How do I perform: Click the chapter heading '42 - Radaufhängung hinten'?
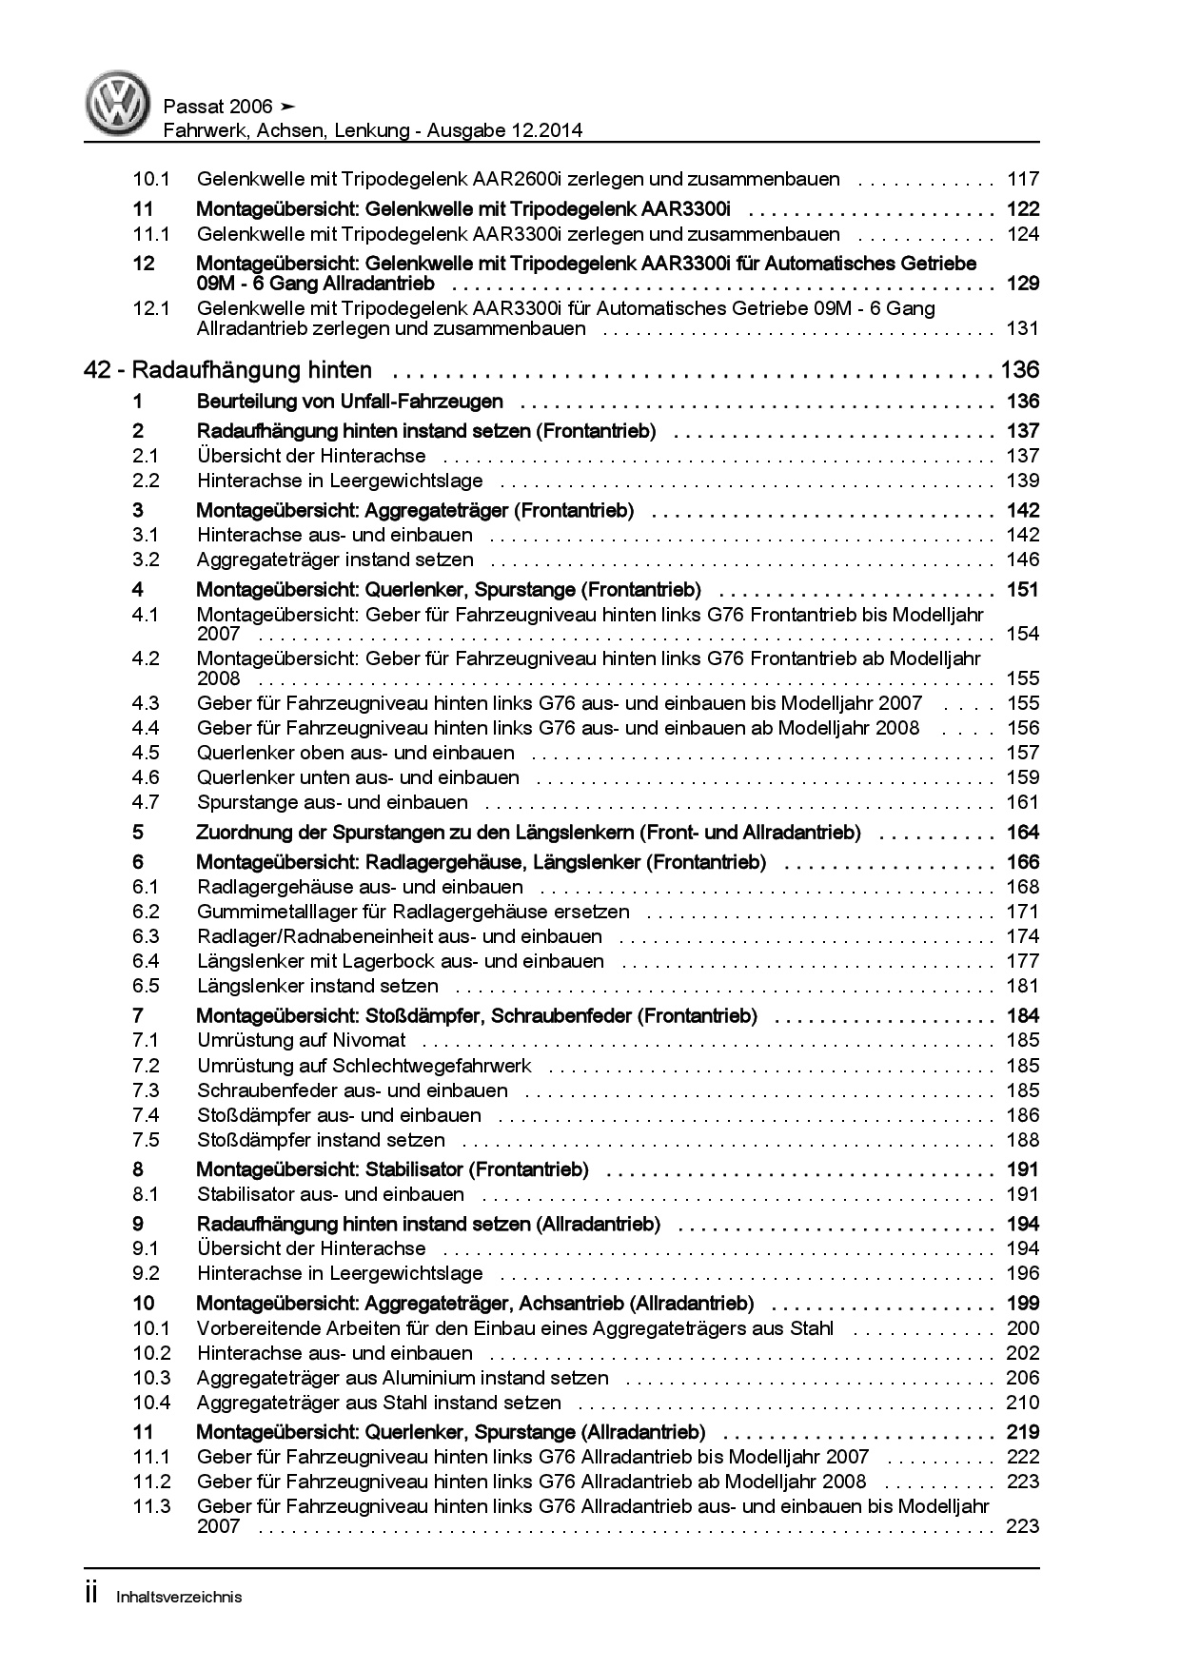click(x=227, y=370)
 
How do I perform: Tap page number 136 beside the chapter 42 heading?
click(x=1019, y=370)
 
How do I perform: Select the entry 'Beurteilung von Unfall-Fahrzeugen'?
click(x=349, y=402)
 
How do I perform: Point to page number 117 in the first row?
click(x=1023, y=179)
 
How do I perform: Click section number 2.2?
click(x=146, y=481)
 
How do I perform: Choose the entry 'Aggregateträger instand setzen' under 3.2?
click(x=335, y=560)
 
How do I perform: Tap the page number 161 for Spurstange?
click(x=1023, y=802)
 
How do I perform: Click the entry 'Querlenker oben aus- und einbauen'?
click(x=356, y=753)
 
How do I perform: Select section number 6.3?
click(x=146, y=936)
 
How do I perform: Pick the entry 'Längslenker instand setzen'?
click(x=318, y=986)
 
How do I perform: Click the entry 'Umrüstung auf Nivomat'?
click(x=302, y=1040)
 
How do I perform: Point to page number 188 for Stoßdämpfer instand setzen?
click(x=1023, y=1140)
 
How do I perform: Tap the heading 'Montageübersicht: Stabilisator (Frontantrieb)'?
click(x=392, y=1169)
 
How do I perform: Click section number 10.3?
click(x=151, y=1378)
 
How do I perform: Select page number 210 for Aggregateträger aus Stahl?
click(x=1023, y=1403)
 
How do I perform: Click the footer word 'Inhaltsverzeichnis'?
click(x=179, y=1597)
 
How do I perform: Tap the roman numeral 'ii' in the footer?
click(x=91, y=1595)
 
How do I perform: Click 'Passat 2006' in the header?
click(x=218, y=107)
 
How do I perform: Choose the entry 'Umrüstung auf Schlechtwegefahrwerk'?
click(x=364, y=1066)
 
